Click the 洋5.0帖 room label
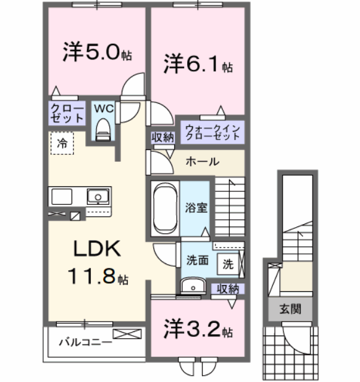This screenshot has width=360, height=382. coord(96,52)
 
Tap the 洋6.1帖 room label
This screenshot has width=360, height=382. coord(197,64)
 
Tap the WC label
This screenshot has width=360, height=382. coord(103,108)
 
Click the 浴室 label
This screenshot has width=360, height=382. coord(196,207)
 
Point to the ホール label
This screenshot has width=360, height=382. coord(201,162)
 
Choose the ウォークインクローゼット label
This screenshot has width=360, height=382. coord(210,132)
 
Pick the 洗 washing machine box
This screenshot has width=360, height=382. coord(228,264)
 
